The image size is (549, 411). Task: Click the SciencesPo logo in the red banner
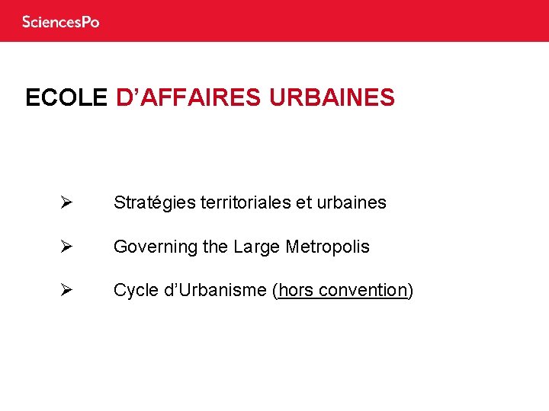61,22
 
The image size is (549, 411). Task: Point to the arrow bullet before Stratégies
66,202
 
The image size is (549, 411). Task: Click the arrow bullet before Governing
66,247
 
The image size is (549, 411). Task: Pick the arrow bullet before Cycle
66,290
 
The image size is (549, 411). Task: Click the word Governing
156,247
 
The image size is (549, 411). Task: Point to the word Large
257,247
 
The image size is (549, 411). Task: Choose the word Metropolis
327,247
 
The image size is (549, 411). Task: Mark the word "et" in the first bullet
303,202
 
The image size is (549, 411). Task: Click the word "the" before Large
216,247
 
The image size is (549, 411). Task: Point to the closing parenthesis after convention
411,290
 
